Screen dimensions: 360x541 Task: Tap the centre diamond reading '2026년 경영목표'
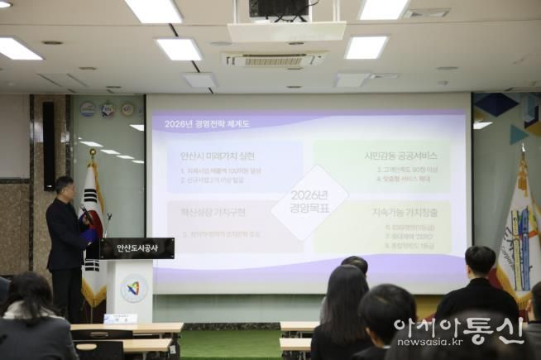(309, 201)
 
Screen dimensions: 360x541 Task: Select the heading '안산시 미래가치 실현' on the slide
(218, 156)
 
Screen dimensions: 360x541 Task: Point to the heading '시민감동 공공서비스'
(400, 156)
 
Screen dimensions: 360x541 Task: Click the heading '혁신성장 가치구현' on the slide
(212, 212)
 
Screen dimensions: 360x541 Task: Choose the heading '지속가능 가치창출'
(404, 212)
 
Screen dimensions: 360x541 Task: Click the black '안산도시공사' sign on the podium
(137, 247)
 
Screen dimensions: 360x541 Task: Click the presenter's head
(64, 188)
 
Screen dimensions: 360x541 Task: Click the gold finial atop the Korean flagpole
(93, 153)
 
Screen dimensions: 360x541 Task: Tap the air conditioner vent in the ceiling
(273, 59)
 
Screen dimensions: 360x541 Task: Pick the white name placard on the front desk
(120, 319)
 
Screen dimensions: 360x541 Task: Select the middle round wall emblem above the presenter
(108, 108)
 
